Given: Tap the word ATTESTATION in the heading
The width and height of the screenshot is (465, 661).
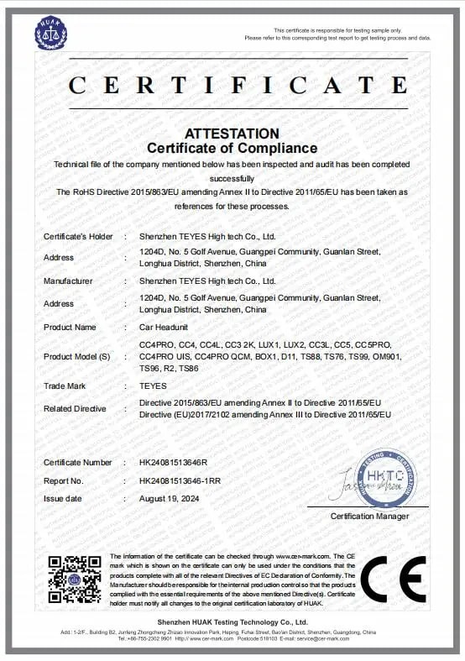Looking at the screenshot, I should coord(232,134).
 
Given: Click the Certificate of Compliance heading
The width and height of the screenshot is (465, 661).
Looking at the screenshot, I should coord(232,149).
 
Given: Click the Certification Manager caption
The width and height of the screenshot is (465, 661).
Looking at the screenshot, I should coord(369,516).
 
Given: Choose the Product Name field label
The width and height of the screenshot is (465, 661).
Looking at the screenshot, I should coord(70,327).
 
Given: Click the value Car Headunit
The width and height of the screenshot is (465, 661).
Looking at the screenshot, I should coord(164,327).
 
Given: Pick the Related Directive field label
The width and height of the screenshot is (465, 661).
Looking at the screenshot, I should coord(75,409).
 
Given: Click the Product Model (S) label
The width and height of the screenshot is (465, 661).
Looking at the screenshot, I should coord(78,356).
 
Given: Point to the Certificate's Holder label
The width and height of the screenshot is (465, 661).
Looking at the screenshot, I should coord(78,237).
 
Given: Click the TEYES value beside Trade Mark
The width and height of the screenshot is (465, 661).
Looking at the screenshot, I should coord(153,386).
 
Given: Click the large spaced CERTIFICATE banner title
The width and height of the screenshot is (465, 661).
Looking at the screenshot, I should coord(232,85).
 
